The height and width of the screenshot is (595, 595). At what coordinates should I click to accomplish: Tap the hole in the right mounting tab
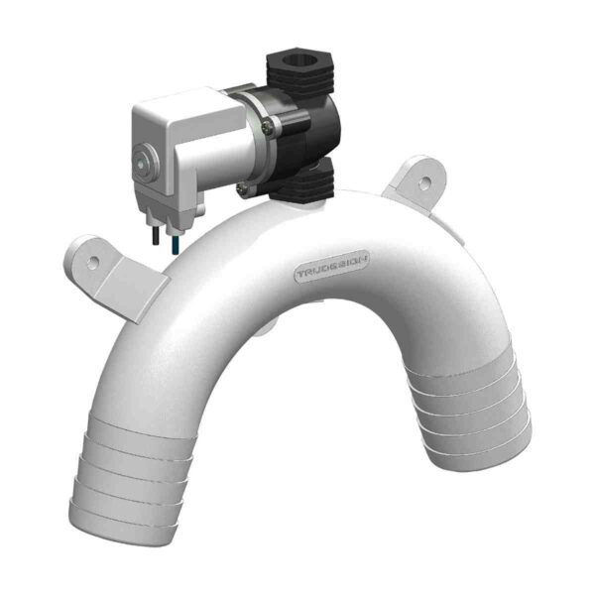click(425, 184)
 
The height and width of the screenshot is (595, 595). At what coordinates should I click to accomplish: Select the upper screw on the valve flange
click(269, 125)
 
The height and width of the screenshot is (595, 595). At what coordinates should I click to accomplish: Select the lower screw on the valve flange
click(244, 186)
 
